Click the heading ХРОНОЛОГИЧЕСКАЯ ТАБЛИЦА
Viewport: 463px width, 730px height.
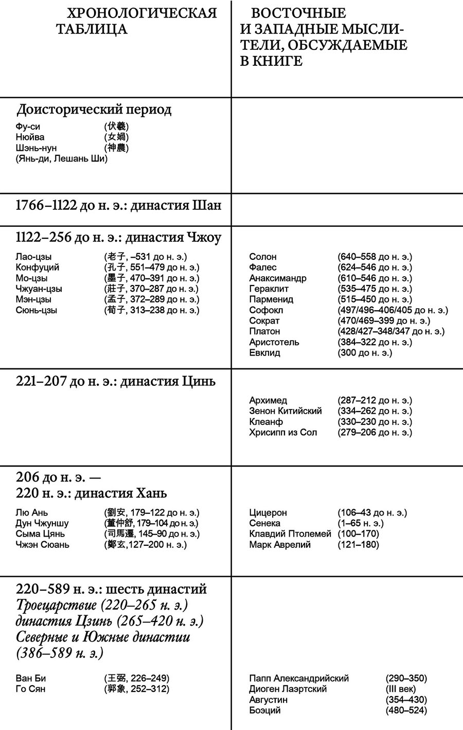click(x=136, y=21)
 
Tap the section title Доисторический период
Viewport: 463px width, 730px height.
click(x=94, y=110)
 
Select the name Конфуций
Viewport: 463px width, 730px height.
click(x=38, y=268)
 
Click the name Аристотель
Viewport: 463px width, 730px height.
click(x=274, y=343)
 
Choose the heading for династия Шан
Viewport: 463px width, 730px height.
click(x=118, y=206)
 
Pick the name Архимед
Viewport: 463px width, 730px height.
click(x=268, y=401)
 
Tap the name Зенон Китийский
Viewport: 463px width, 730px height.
click(x=285, y=411)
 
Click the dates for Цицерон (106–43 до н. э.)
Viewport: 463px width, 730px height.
click(x=372, y=513)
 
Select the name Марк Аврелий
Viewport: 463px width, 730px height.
click(x=279, y=545)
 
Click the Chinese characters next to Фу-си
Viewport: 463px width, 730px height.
click(x=116, y=127)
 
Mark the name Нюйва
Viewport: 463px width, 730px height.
click(x=30, y=137)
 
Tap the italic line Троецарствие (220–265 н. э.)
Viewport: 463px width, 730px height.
click(x=102, y=605)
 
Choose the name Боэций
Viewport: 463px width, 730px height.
click(x=264, y=710)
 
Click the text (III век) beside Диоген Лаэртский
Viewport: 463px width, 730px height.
click(x=401, y=689)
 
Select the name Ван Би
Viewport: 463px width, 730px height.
click(x=31, y=679)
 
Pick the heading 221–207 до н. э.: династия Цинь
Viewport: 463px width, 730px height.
click(x=116, y=382)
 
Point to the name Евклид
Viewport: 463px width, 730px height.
click(x=264, y=353)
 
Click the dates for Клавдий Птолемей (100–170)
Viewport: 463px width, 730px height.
click(x=358, y=534)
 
